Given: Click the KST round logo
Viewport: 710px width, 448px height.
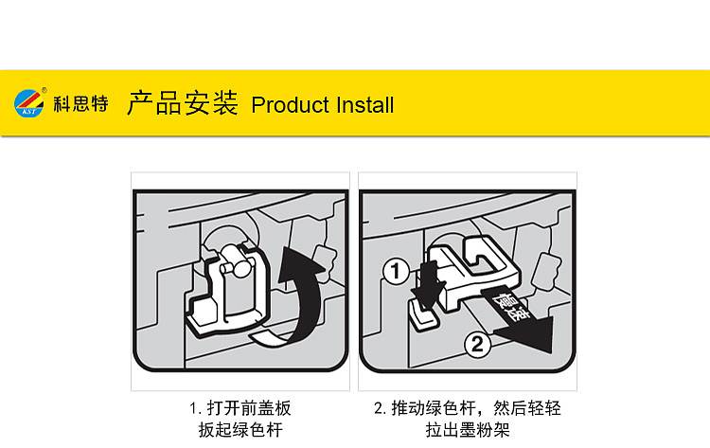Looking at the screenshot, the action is tap(29, 103).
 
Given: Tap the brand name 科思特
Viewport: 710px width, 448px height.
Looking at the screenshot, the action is tap(81, 104).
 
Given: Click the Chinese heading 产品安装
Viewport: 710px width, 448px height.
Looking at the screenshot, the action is tap(182, 103).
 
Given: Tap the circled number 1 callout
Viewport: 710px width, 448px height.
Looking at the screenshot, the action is tap(397, 272).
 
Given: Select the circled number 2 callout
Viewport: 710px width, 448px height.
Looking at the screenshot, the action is tap(478, 345).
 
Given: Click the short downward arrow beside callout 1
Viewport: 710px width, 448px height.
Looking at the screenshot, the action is tap(428, 284).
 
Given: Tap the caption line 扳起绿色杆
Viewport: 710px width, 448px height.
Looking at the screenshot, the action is tap(240, 429).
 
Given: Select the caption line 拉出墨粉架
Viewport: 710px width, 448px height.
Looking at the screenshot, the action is tap(468, 429).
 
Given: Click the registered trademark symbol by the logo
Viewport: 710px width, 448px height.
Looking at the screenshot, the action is tap(44, 90).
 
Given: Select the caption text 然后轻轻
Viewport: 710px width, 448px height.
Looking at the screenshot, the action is tap(527, 408).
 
